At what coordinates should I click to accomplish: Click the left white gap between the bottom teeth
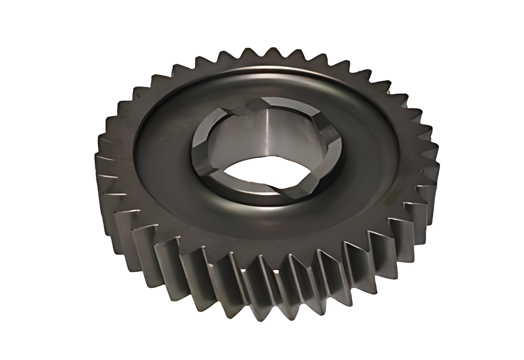point(244,272)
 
